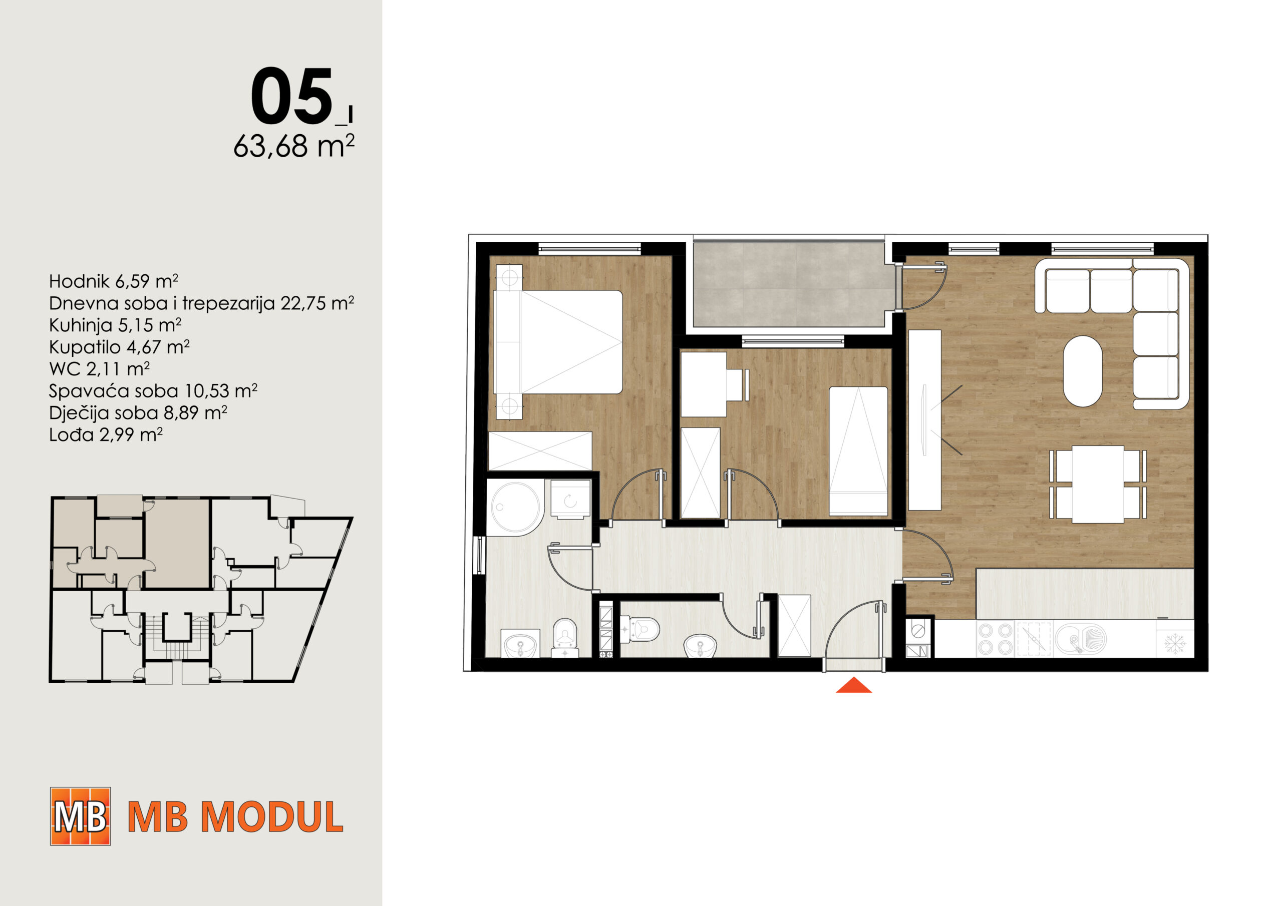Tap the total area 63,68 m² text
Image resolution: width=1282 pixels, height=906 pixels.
pos(293,146)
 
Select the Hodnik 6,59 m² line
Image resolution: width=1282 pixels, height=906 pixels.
pos(113,281)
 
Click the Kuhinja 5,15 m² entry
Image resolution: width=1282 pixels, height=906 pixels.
pos(115,324)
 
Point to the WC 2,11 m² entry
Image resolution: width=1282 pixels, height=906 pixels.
pos(99,368)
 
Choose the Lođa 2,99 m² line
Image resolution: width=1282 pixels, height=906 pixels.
pos(106,434)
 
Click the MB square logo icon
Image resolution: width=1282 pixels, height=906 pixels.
pos(81,816)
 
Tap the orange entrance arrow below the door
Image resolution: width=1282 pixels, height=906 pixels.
pos(853,685)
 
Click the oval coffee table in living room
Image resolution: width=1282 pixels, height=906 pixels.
pos(1083,371)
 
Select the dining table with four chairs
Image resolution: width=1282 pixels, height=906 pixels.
pos(1098,484)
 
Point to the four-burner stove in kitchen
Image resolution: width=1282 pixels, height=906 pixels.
pos(995,639)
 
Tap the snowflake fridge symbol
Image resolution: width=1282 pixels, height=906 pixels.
pos(1175,644)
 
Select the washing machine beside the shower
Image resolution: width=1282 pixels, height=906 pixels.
pos(571,500)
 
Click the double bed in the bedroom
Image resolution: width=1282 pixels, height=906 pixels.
pos(558,342)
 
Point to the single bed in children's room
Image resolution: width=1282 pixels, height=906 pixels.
pos(858,450)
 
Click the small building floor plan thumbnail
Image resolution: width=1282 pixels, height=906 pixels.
pos(201,589)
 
